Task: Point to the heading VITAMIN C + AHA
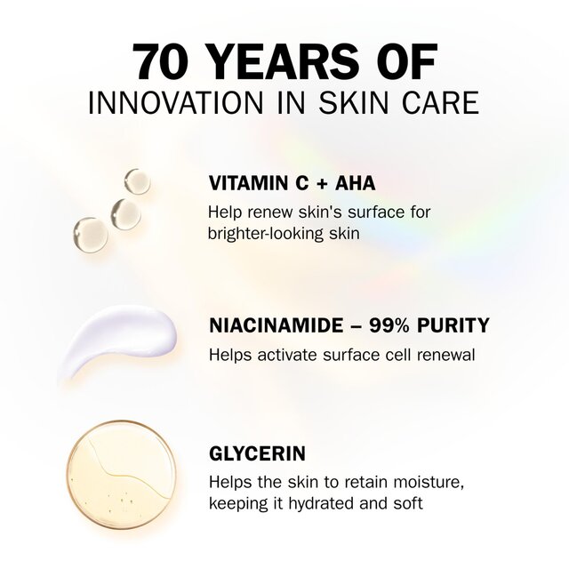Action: pyautogui.click(x=292, y=184)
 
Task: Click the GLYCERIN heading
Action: pyautogui.click(x=257, y=453)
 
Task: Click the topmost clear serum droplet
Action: pyautogui.click(x=137, y=181)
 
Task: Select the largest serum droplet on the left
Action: pyautogui.click(x=90, y=232)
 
